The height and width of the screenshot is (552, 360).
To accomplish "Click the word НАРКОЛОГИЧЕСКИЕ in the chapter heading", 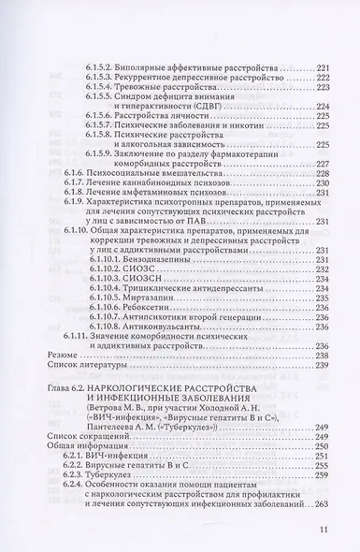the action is tap(148, 389).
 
